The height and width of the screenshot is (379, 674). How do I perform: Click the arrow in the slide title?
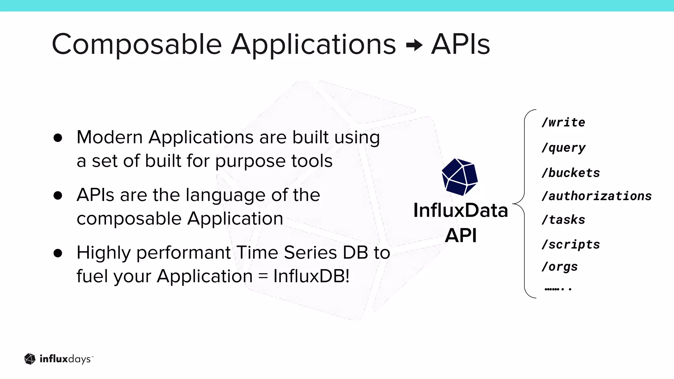coord(414,45)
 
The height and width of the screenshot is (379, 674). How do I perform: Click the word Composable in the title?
coord(137,45)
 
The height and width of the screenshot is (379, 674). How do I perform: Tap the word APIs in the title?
coord(460,45)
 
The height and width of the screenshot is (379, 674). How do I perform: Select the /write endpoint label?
coord(563,122)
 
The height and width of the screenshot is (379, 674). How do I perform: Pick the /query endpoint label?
coord(563,148)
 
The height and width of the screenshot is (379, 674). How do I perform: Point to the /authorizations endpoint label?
coord(596,196)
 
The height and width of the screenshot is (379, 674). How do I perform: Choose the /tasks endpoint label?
coord(563,220)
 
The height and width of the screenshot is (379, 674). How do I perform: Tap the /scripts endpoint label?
coord(571,244)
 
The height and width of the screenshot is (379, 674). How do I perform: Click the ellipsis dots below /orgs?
coord(558,289)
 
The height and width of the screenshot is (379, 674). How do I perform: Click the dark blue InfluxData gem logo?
coord(459,177)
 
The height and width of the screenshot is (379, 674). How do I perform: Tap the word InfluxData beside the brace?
coord(460,211)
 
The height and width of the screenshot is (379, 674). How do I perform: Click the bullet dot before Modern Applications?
coord(58,138)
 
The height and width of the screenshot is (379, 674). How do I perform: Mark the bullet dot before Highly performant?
coord(58,253)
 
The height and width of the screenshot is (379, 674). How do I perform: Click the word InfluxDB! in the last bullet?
coord(311,276)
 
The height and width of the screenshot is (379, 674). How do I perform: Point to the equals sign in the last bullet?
coord(263,276)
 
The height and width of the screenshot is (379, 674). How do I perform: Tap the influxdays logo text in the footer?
coord(65,359)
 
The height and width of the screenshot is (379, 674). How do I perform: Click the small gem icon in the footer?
coord(30,359)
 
